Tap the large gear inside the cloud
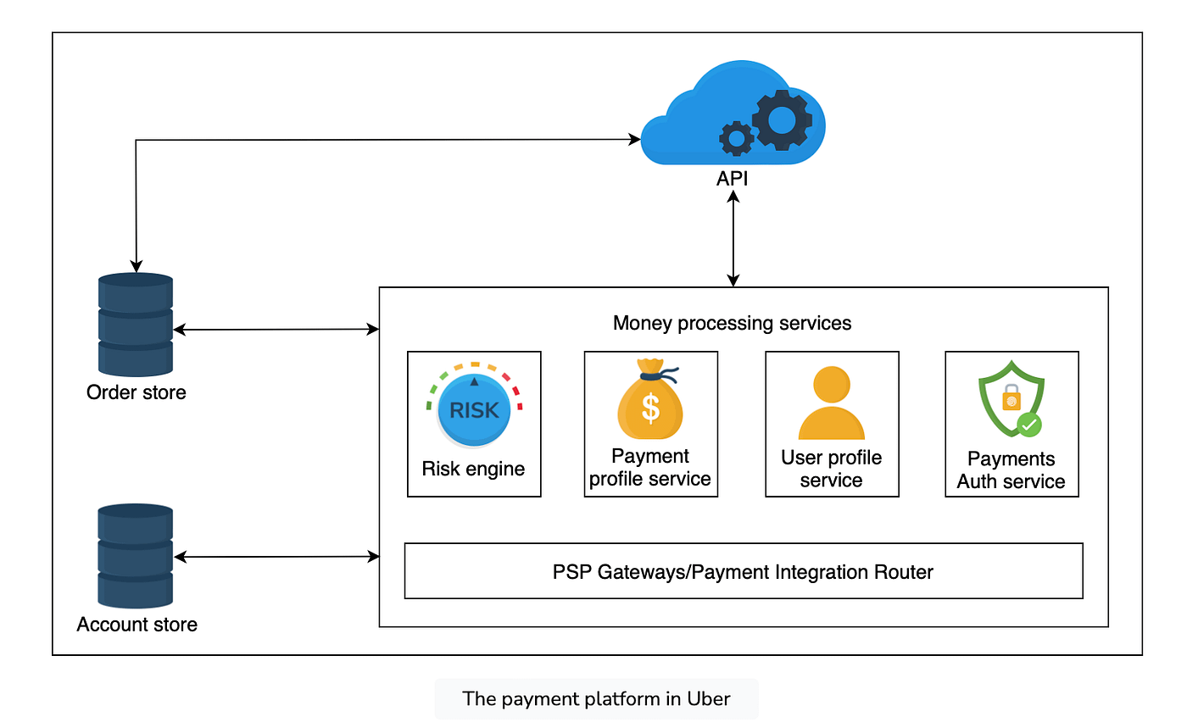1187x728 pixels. [x=781, y=120]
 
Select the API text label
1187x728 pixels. [x=733, y=180]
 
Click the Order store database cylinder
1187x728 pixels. [x=136, y=325]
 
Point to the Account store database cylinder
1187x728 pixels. [x=136, y=555]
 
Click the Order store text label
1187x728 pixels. [x=136, y=392]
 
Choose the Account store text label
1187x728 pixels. [x=137, y=625]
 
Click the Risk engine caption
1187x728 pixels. [x=473, y=469]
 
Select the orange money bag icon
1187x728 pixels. [x=650, y=403]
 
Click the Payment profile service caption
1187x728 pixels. [x=650, y=468]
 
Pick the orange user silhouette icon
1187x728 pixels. [x=831, y=403]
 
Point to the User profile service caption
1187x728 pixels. [x=831, y=469]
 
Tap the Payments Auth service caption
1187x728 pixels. [x=1011, y=470]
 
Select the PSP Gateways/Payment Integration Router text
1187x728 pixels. [x=743, y=572]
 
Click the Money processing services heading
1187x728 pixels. [x=732, y=323]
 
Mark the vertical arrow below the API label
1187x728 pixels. [x=733, y=239]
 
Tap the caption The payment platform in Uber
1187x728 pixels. [x=596, y=699]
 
